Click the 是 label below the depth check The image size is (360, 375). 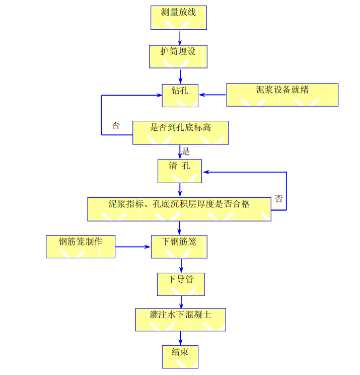(x=186, y=151)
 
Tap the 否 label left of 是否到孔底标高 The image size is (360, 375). (x=116, y=125)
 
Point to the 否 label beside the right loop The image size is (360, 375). (x=279, y=198)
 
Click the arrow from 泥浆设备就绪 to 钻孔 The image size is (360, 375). (x=212, y=95)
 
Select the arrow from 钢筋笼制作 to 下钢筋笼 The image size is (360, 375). (x=133, y=247)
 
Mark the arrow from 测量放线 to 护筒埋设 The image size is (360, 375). (x=180, y=37)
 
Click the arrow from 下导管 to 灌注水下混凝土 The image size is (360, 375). (x=180, y=302)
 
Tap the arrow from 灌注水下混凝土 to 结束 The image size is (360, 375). (x=180, y=338)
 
